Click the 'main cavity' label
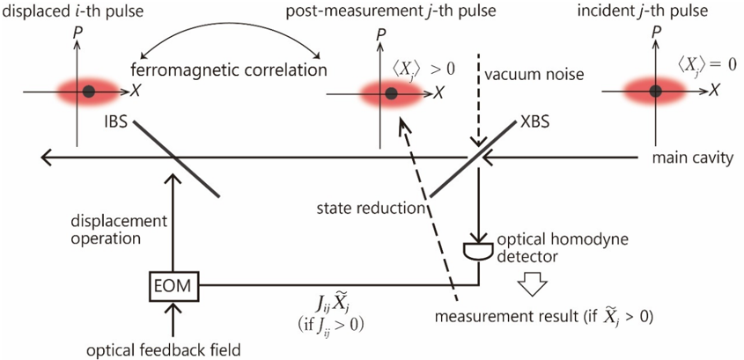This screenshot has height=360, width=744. pos(693,158)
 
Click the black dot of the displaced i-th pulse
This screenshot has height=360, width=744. pos(88,91)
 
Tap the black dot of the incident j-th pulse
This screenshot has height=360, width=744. pos(655,90)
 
